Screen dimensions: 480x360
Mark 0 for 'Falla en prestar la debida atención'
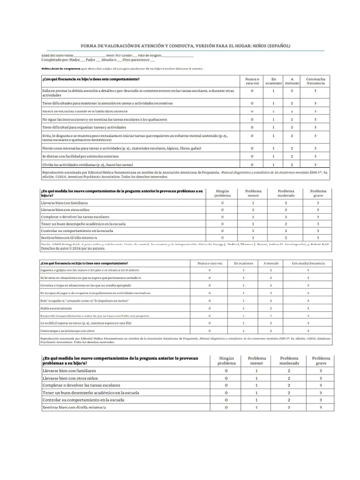pyautogui.click(x=252, y=91)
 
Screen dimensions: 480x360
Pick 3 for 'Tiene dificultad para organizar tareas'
pyautogui.click(x=315, y=127)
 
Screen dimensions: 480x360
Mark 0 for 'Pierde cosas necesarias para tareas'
pyautogui.click(x=252, y=148)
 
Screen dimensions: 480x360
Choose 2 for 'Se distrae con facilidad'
pyautogui.click(x=292, y=156)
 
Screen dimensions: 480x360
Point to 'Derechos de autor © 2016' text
pyautogui.click(x=71, y=248)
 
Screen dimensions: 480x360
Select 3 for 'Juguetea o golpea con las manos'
pyautogui.click(x=308, y=270)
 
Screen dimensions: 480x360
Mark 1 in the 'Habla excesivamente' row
pyautogui.click(x=243, y=308)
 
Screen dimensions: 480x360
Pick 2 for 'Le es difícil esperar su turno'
pyautogui.click(x=270, y=323)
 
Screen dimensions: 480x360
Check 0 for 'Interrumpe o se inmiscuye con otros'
pyautogui.click(x=210, y=330)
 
